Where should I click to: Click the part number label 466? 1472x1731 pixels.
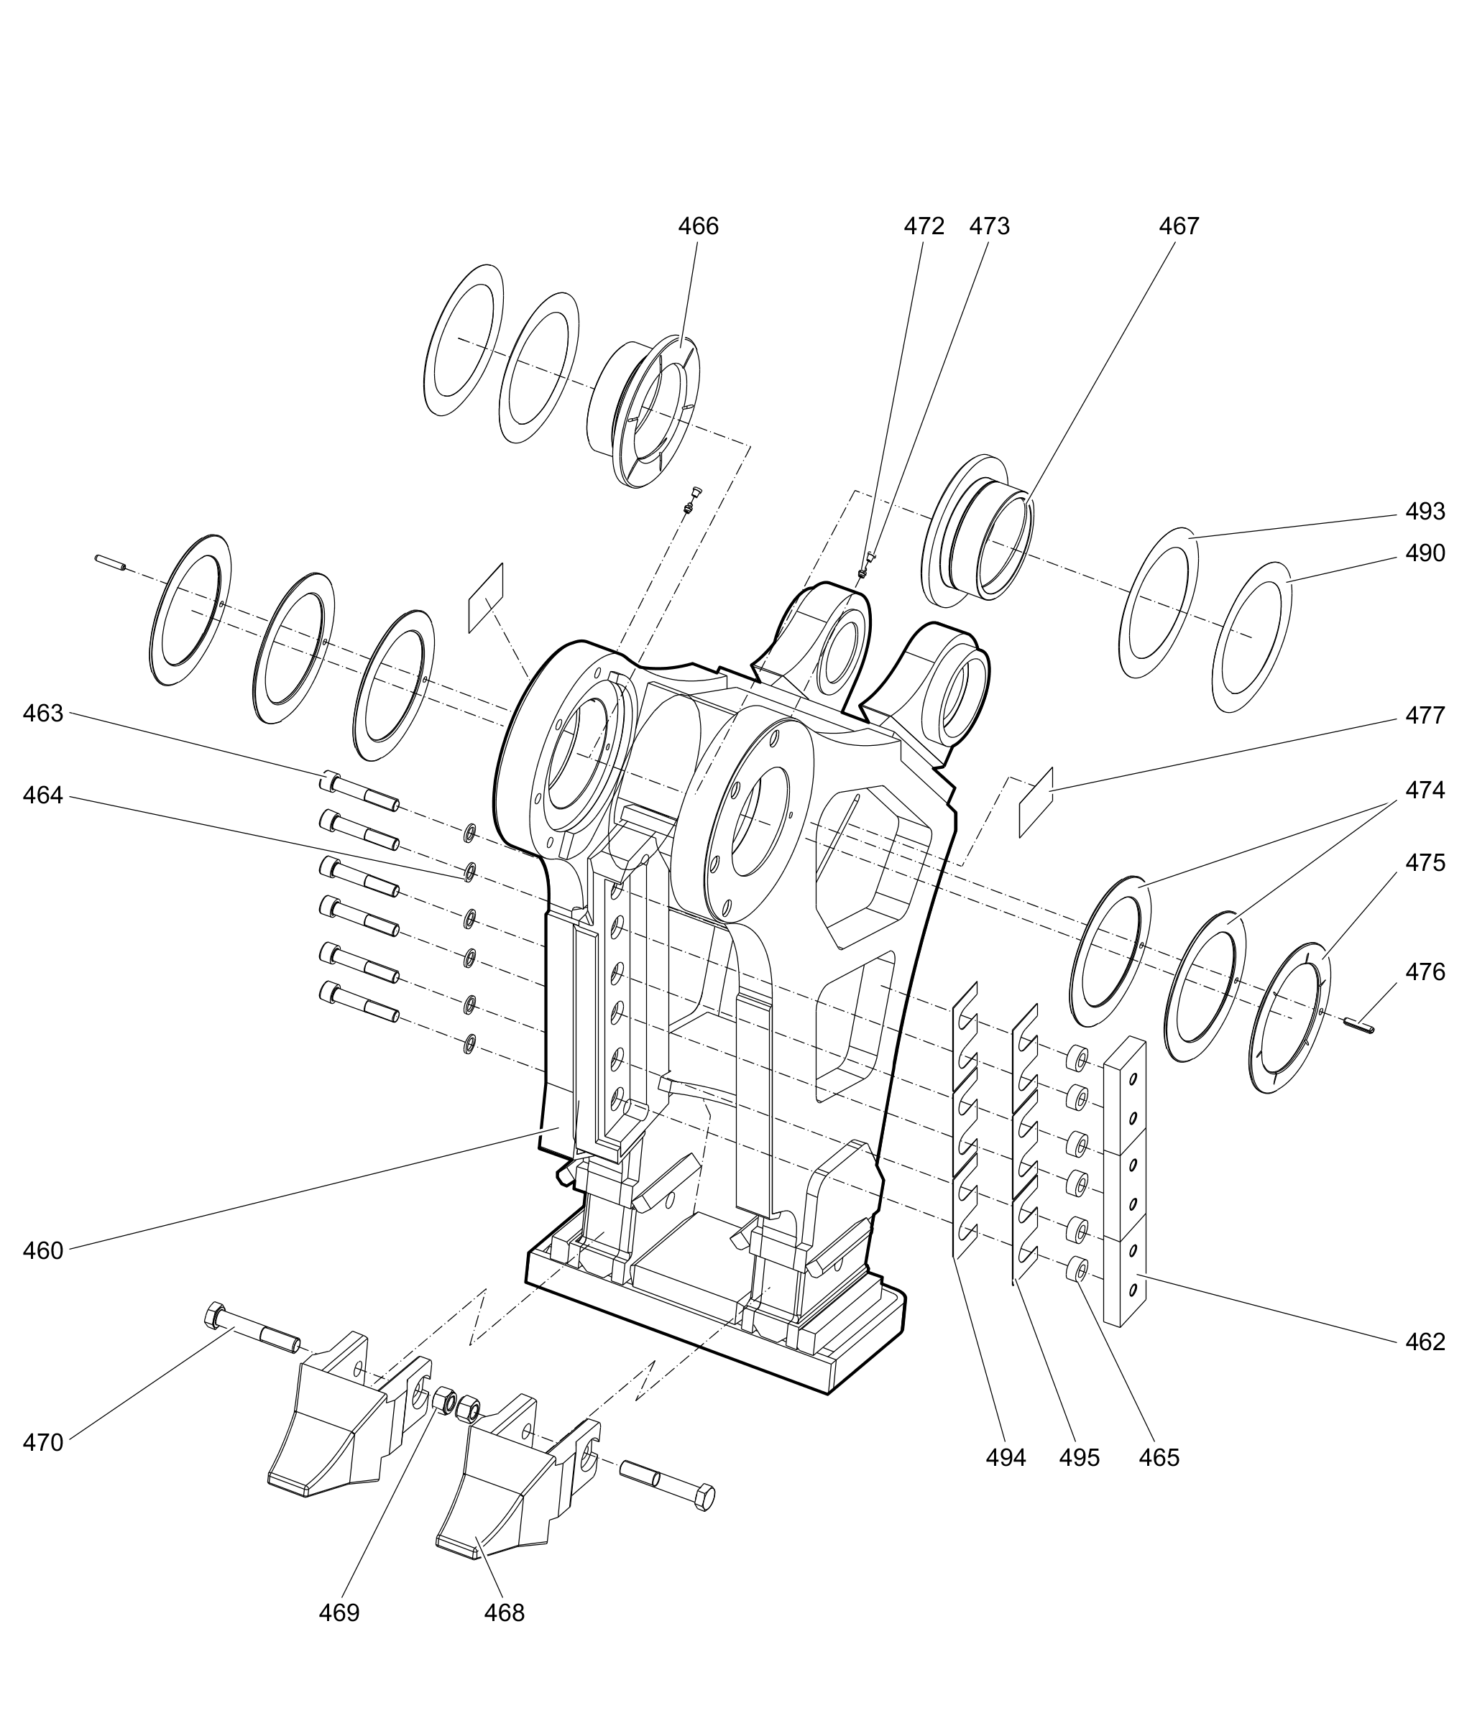(x=698, y=226)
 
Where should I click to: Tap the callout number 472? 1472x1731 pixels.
(x=924, y=226)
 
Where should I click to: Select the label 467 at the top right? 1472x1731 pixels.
(x=1178, y=226)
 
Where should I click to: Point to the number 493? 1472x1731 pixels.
(x=1425, y=512)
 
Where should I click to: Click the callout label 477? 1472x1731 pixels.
(x=1425, y=715)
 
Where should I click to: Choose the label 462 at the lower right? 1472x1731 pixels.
(x=1425, y=1342)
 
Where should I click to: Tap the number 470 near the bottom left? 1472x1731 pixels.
(x=42, y=1442)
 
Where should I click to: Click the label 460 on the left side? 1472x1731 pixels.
(x=42, y=1250)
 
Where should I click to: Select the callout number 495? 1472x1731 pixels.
(x=1079, y=1457)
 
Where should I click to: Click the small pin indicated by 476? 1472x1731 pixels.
(x=1360, y=1025)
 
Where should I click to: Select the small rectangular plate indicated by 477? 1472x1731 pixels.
(x=1036, y=803)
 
